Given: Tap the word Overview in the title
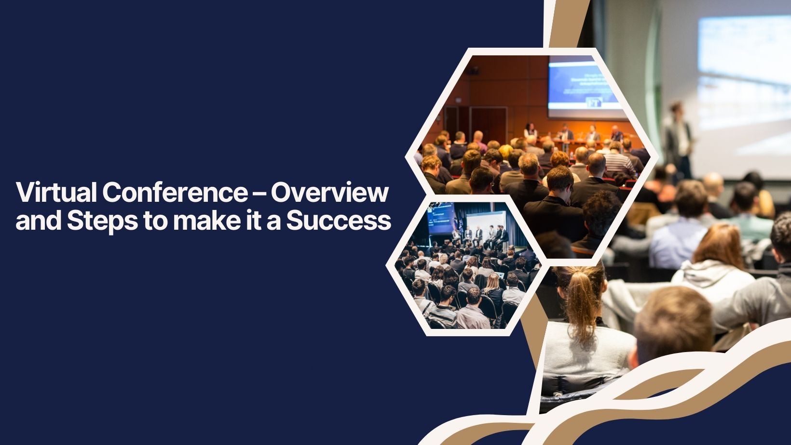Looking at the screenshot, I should click(329, 193).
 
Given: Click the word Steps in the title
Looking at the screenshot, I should click(101, 221).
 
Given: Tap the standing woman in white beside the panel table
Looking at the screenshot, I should click(531, 131).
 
